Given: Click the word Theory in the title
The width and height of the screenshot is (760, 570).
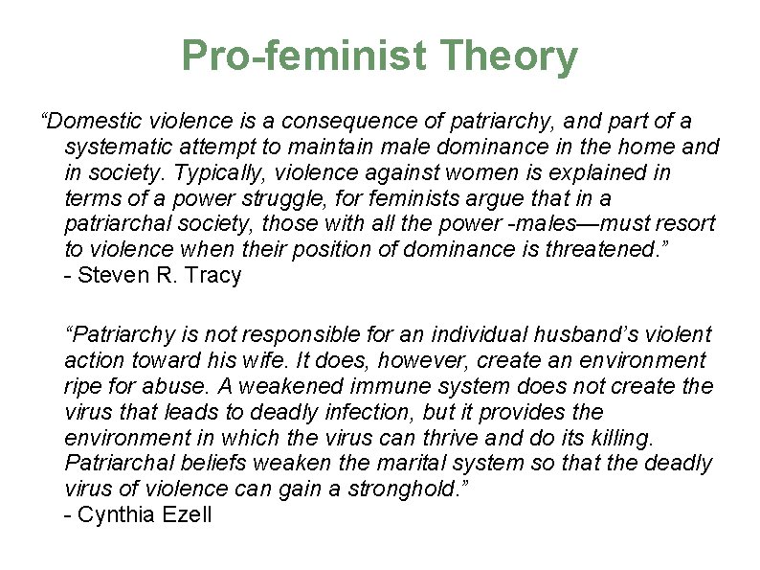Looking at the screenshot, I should click(x=510, y=57).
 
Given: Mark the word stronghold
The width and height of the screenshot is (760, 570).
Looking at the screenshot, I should click(x=415, y=490).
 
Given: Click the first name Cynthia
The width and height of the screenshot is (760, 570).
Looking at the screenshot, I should click(x=111, y=515).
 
